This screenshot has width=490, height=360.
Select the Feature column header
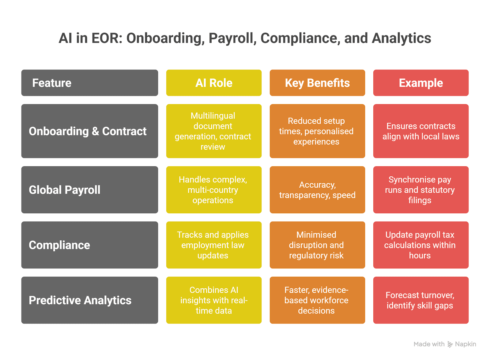[x=89, y=83]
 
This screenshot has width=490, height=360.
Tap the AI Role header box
[x=214, y=83]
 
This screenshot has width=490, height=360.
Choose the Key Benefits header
[x=317, y=83]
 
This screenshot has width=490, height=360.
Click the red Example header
[x=421, y=83]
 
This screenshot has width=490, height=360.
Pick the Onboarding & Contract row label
[x=89, y=131]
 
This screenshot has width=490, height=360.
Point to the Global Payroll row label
[x=89, y=190]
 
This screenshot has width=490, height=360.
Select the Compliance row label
[x=89, y=245]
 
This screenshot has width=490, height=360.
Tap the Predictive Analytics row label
[x=89, y=300]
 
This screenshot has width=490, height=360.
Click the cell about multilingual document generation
[x=214, y=131]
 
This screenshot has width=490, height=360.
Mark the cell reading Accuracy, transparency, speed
[x=317, y=190]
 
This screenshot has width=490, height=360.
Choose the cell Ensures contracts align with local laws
[x=421, y=131]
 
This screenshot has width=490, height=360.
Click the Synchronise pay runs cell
[x=421, y=190]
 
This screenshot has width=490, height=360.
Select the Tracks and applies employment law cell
[x=214, y=245]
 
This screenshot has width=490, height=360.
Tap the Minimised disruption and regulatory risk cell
[x=317, y=245]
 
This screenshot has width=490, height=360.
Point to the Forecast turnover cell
[x=421, y=300]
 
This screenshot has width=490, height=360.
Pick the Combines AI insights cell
[x=214, y=300]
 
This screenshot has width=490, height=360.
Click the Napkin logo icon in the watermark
[x=450, y=344]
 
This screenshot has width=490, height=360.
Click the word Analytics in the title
[x=401, y=39]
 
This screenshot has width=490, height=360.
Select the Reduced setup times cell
[x=317, y=131]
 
